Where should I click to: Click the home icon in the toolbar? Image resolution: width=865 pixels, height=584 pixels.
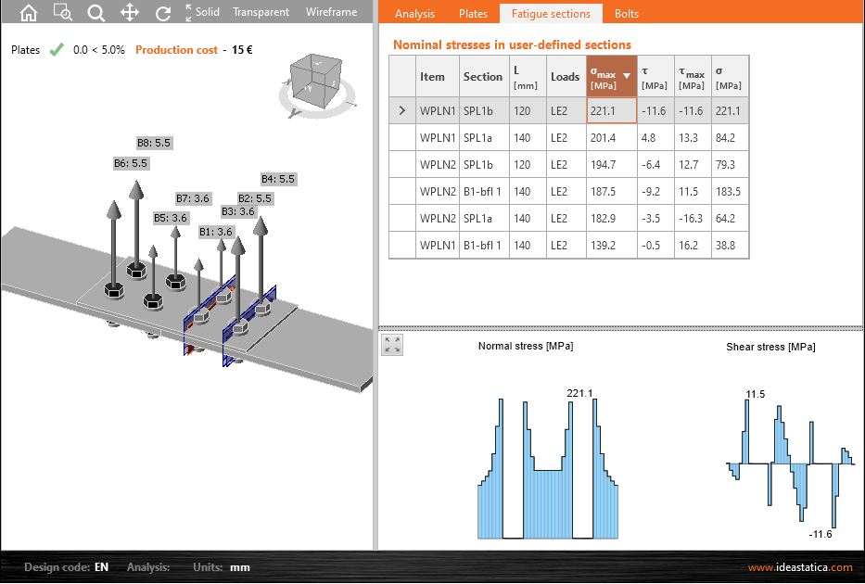click(29, 12)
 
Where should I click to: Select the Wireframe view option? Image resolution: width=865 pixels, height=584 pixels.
click(331, 12)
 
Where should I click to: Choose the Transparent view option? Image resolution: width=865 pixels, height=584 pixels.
click(261, 12)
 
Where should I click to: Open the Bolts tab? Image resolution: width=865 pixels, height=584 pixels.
click(627, 14)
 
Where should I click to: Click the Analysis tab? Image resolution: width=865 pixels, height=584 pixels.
click(414, 14)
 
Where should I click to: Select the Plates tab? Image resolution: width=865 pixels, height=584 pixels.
click(474, 14)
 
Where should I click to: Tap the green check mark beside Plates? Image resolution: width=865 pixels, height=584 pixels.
click(57, 50)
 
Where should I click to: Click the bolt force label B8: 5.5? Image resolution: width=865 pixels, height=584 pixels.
click(154, 143)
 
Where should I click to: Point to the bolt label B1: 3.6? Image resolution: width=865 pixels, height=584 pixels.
click(216, 232)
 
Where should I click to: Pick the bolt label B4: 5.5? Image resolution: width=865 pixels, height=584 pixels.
click(278, 179)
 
